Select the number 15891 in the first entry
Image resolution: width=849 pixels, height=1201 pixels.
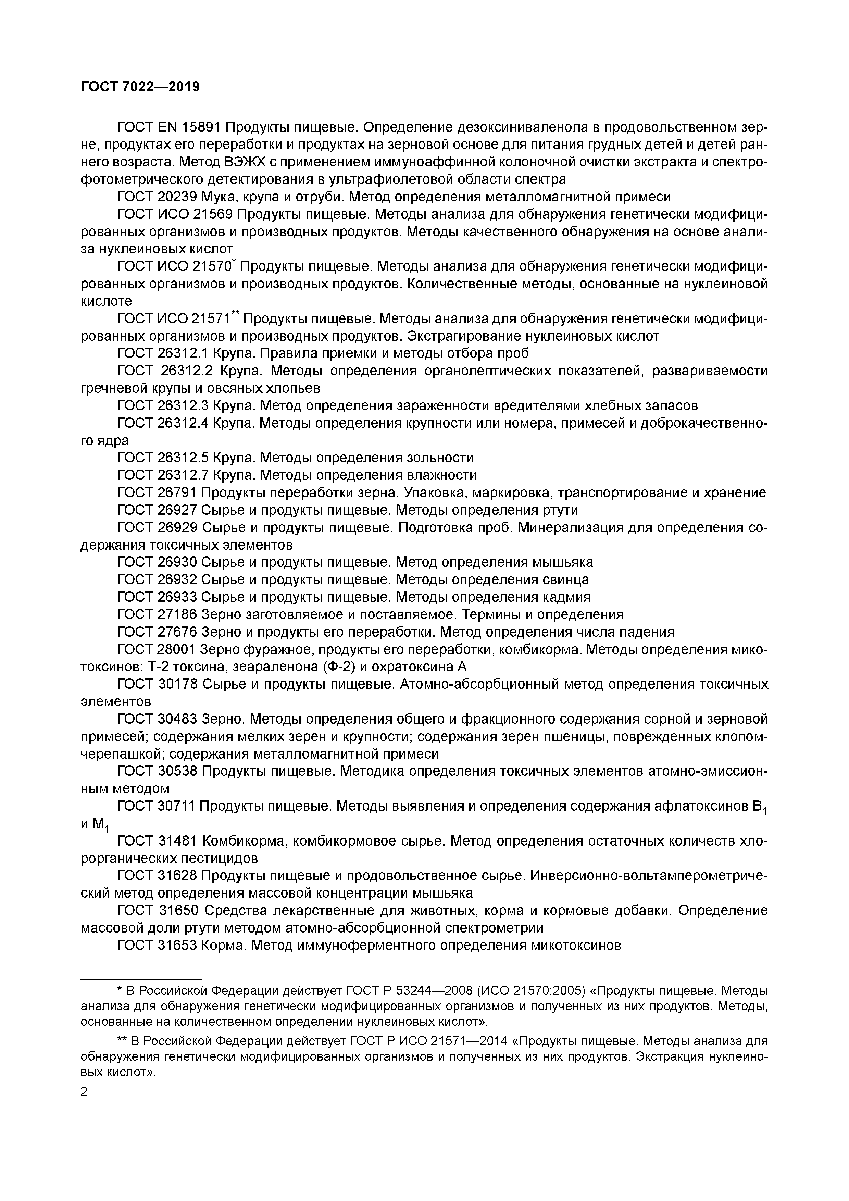[201, 127]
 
